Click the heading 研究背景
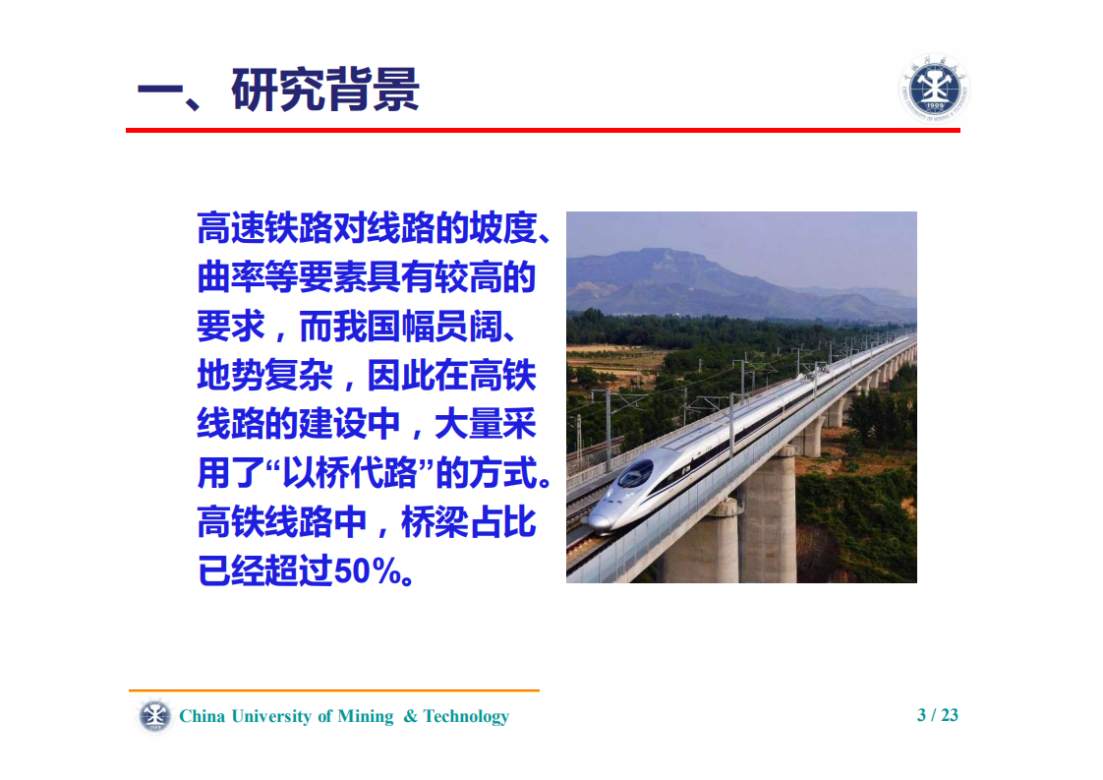pos(325,90)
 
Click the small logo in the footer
pos(152,715)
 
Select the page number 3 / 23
pos(937,715)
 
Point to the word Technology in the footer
pos(466,717)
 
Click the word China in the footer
pos(203,717)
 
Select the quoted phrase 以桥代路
pos(367,474)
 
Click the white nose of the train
pos(602,518)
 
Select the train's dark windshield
pos(634,475)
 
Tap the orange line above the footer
pos(334,690)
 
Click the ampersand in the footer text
pos(410,717)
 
